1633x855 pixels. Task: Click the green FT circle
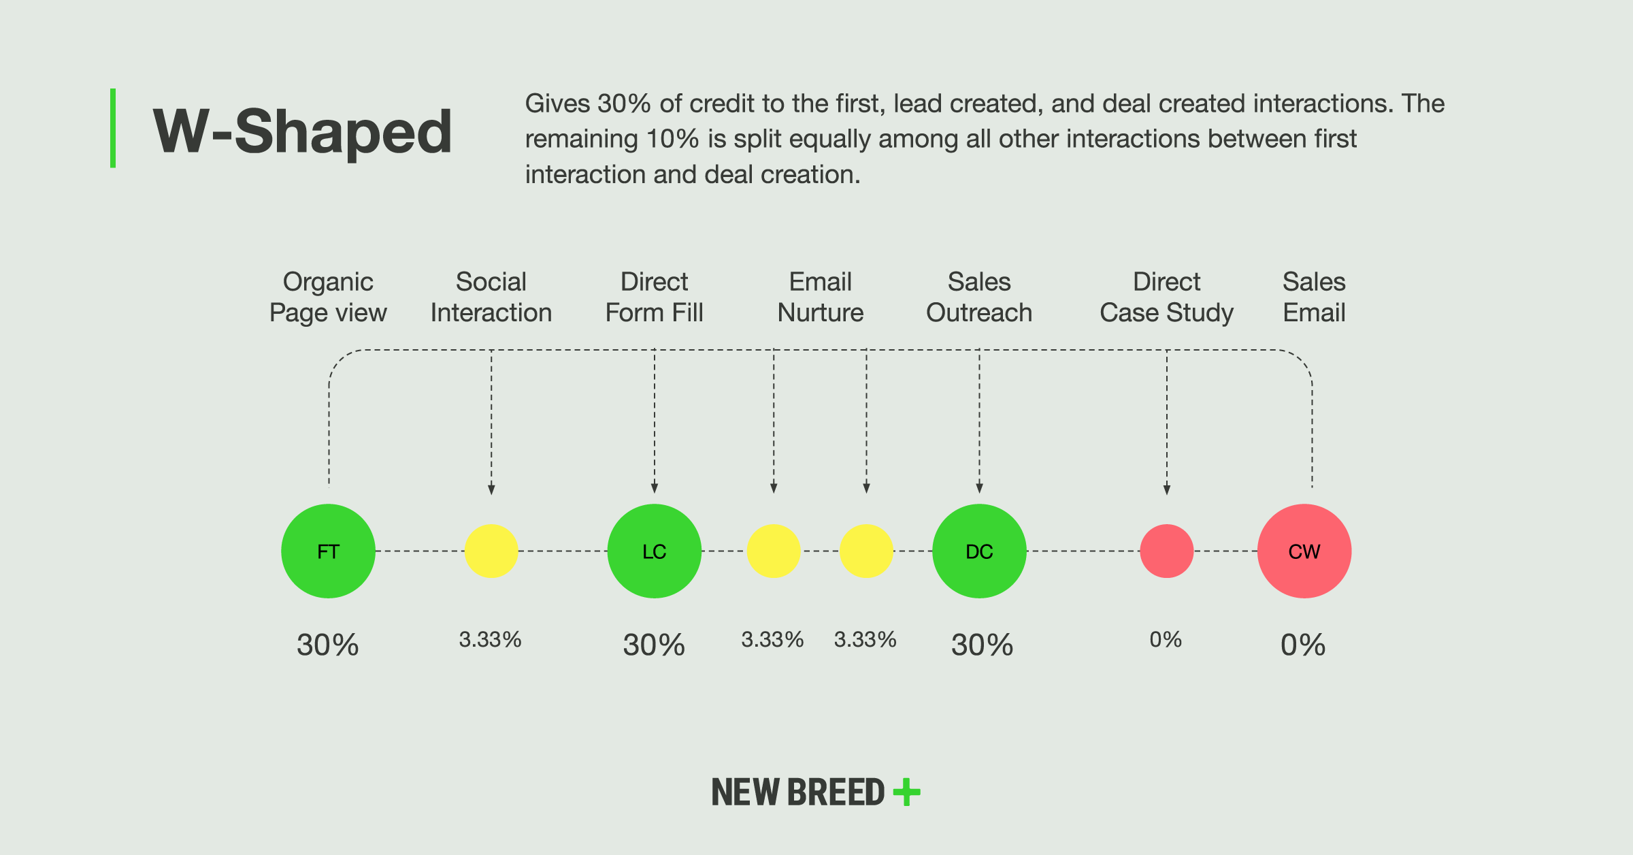[328, 551]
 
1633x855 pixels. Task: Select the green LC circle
[655, 551]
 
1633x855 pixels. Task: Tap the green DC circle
[979, 551]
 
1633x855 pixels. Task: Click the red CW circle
[1304, 551]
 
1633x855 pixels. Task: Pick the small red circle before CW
[1167, 551]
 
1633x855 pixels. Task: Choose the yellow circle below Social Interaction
[491, 551]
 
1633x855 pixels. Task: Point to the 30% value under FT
[328, 645]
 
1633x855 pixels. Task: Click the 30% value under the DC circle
[982, 645]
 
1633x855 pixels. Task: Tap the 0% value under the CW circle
[1303, 645]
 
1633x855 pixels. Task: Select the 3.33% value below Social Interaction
[490, 640]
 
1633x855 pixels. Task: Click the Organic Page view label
[328, 297]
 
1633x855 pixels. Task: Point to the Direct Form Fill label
[655, 297]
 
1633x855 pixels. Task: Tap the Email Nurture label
[821, 297]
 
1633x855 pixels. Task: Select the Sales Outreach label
[979, 297]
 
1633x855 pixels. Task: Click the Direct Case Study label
[1167, 297]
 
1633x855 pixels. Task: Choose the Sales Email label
[1315, 297]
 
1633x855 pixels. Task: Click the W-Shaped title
[303, 132]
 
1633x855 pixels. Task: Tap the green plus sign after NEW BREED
[907, 792]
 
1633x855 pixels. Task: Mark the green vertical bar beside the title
[113, 128]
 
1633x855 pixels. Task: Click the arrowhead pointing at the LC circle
[655, 488]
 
